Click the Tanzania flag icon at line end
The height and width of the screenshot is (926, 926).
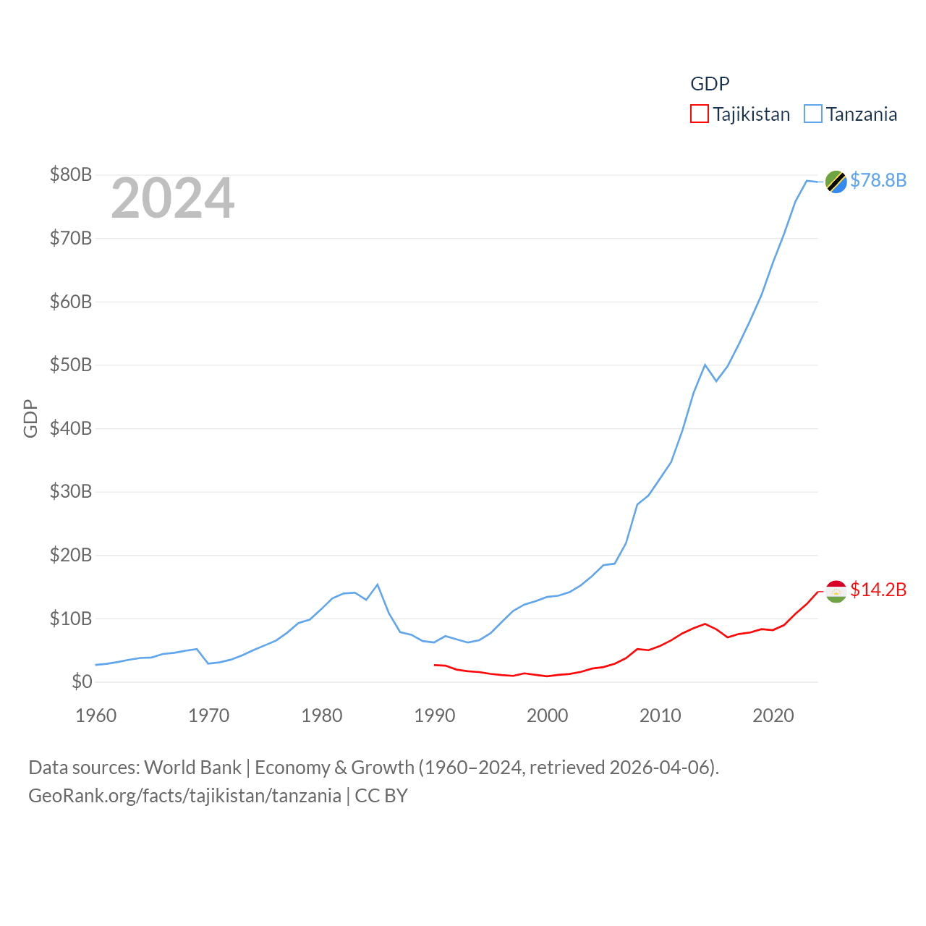pos(836,182)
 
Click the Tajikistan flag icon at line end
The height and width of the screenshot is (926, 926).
pos(836,591)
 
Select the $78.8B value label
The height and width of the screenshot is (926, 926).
pos(878,180)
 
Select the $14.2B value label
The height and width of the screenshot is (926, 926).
pos(878,590)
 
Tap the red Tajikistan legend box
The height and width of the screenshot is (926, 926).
pos(700,114)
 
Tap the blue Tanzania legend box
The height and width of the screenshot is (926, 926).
pos(813,114)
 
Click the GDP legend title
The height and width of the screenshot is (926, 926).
pos(710,84)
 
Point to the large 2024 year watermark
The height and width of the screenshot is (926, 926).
pos(173,198)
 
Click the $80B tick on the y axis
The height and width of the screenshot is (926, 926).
pos(71,174)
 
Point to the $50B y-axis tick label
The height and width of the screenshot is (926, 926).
pos(71,365)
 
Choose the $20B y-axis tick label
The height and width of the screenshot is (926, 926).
pos(71,555)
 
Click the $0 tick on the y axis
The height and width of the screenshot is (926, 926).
pos(82,681)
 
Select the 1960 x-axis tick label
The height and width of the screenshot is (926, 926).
pos(96,715)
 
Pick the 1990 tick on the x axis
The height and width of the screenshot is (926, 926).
pos(435,715)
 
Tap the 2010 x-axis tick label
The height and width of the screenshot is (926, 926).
pos(660,715)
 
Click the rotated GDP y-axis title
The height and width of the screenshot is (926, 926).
pos(30,418)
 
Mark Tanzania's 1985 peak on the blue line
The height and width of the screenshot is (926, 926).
pos(378,585)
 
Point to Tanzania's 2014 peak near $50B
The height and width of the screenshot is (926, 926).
pos(705,365)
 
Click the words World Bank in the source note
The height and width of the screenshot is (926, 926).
pos(192,767)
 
